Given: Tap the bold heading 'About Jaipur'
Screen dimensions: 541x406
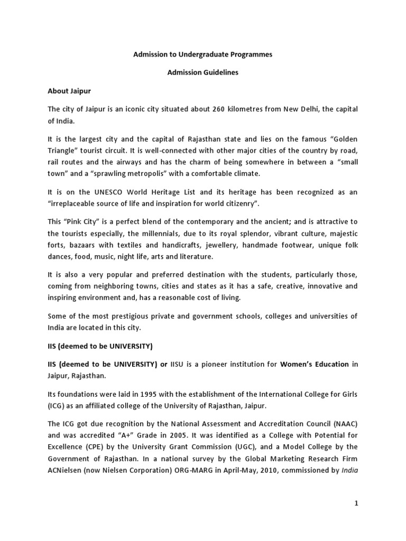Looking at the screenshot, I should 69,91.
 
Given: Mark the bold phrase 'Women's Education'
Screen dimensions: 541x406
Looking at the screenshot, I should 314,364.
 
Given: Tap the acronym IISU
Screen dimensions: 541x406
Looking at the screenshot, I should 179,364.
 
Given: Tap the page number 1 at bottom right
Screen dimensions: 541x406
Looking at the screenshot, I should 356,503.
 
